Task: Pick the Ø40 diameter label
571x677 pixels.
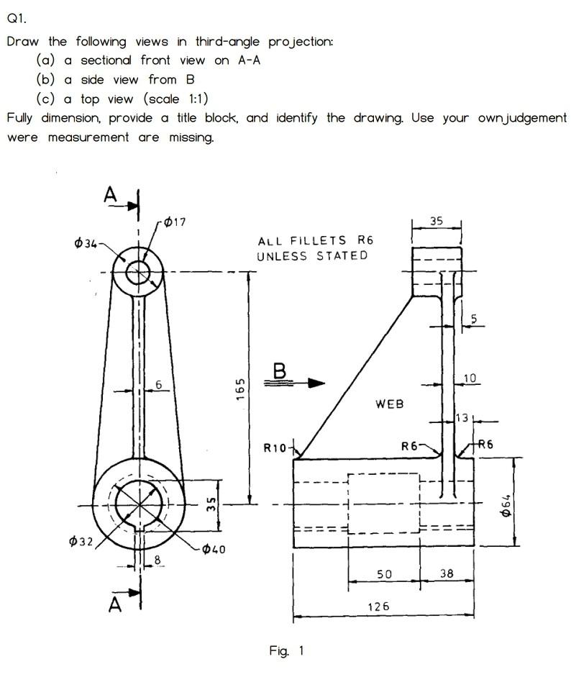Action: [214, 550]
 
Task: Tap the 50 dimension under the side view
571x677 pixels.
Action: [384, 573]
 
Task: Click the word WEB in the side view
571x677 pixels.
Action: [389, 405]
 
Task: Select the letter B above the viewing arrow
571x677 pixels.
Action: [280, 371]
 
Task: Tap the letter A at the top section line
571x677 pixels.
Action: [110, 194]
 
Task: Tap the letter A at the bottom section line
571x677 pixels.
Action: [114, 606]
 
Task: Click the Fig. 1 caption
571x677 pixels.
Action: [286, 651]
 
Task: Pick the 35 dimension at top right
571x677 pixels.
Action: [436, 222]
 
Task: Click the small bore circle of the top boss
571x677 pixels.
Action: [137, 273]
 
